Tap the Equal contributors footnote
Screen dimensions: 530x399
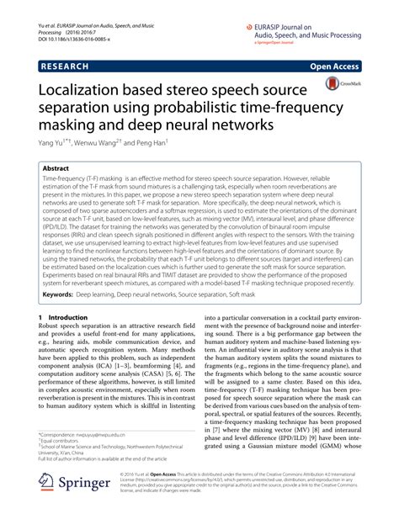(x=60, y=465)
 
